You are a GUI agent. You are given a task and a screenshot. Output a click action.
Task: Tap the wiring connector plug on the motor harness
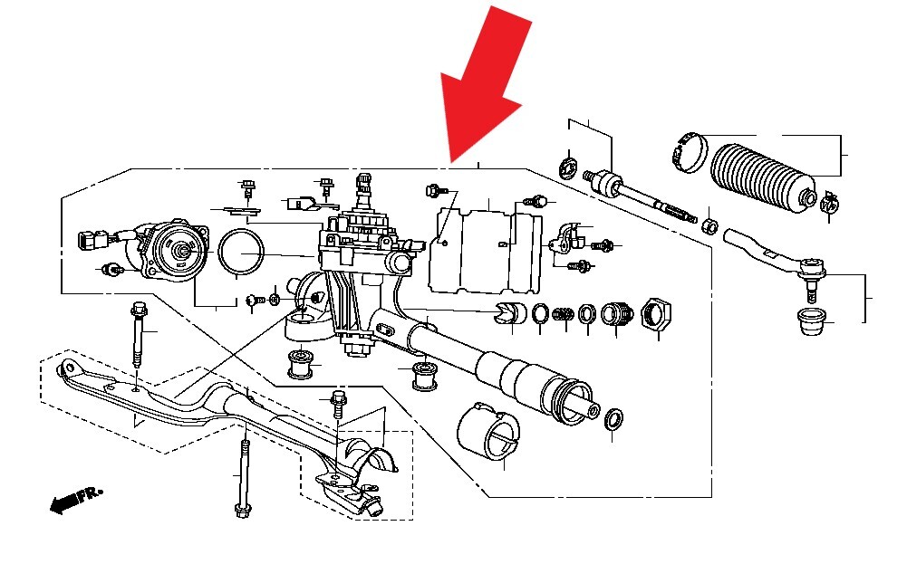pos(88,242)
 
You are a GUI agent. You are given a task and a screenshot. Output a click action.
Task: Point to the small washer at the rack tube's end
pos(613,418)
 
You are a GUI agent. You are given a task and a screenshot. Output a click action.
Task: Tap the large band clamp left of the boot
pos(688,150)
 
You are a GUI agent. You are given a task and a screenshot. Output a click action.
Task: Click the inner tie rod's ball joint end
pos(602,182)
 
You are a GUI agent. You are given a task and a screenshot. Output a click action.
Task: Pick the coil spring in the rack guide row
pos(563,314)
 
